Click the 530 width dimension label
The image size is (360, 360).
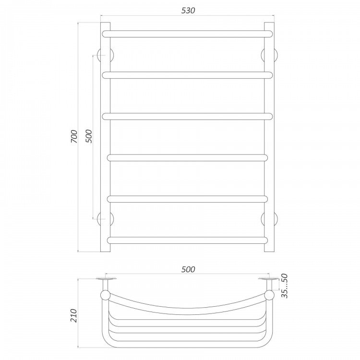(x=188, y=11)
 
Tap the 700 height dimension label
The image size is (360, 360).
(x=74, y=137)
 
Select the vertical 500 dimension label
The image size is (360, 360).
(x=88, y=136)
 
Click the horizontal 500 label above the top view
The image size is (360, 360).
(x=188, y=269)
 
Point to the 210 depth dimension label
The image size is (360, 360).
(x=74, y=315)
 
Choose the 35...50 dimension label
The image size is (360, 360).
(x=285, y=286)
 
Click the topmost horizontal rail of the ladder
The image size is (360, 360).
(x=187, y=34)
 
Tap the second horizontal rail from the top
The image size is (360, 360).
(x=187, y=75)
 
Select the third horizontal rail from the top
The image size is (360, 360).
(x=187, y=117)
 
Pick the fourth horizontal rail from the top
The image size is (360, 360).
(x=187, y=158)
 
